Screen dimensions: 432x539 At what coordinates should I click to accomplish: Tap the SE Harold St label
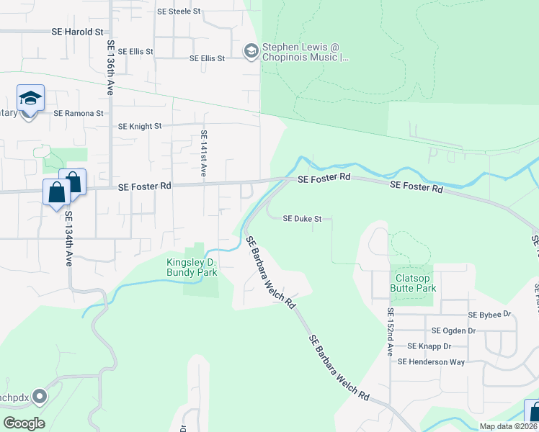click(78, 32)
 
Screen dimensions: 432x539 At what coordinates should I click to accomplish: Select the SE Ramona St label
click(79, 113)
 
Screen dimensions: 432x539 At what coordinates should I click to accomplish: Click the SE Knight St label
click(140, 126)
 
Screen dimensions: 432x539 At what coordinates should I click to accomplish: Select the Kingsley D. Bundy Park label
click(192, 267)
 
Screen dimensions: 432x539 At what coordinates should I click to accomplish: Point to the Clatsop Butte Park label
click(414, 283)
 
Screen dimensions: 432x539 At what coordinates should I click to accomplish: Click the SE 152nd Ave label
click(390, 333)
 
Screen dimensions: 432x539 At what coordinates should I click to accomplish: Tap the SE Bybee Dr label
click(489, 315)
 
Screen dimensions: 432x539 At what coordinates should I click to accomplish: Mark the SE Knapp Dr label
click(429, 346)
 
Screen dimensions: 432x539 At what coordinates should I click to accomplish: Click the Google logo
click(24, 423)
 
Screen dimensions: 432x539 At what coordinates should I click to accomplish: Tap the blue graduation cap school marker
click(30, 99)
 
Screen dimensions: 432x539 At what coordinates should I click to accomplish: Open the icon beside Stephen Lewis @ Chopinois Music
click(251, 50)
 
